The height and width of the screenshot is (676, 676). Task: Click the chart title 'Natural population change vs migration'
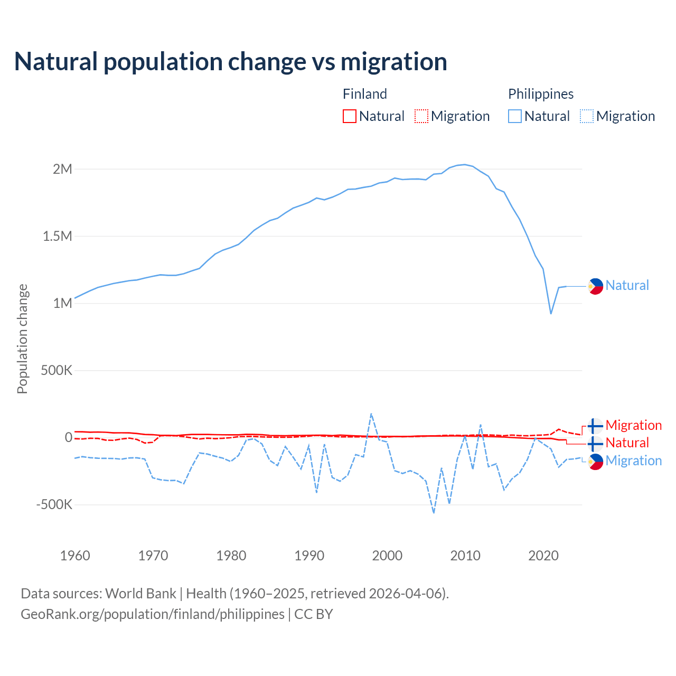230,62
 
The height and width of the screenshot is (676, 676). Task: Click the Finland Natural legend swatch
350,116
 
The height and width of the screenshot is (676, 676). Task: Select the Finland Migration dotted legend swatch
421,116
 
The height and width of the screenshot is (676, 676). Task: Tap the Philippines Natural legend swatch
515,116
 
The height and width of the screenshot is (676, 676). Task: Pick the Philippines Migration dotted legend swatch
587,116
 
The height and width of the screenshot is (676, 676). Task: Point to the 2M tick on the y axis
62,169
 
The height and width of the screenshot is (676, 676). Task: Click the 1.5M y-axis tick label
58,236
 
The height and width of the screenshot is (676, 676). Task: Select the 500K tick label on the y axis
57,370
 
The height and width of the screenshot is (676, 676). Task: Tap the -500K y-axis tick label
54,504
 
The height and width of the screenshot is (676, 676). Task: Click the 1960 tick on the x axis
75,556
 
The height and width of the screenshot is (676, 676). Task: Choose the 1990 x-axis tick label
309,556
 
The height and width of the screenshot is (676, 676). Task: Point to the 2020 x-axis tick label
543,556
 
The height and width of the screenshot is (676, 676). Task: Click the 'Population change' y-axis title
22,339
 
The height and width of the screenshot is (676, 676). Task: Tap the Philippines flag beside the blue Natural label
595,286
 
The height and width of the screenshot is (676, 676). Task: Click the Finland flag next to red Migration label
595,426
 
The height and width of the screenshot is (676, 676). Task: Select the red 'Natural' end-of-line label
627,443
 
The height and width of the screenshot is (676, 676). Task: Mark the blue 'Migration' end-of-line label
633,461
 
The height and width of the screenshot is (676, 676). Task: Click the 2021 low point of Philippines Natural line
551,314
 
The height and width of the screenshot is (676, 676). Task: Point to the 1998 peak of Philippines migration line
371,414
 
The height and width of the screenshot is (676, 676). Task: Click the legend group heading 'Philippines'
541,94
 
